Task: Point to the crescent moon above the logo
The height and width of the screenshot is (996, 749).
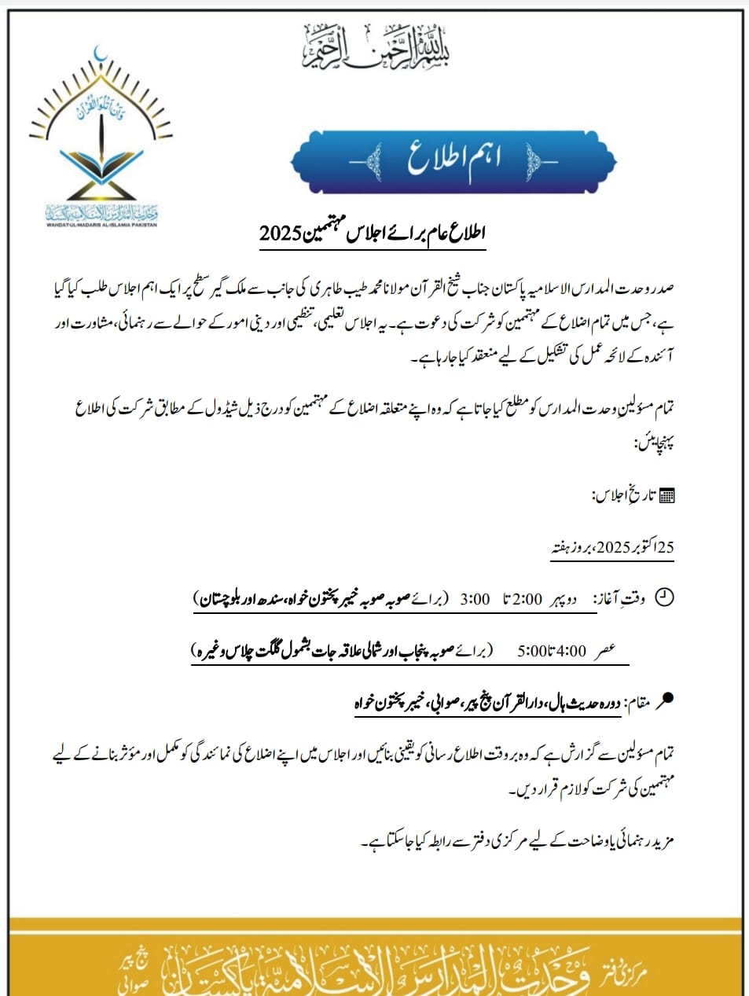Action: coord(100,56)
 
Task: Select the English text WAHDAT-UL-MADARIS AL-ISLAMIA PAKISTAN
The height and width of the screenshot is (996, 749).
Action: coord(101,224)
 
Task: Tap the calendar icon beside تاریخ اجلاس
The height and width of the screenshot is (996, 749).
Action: coord(666,495)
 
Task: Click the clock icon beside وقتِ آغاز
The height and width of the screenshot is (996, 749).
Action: coord(665,597)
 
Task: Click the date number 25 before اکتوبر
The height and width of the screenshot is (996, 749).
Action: coord(665,548)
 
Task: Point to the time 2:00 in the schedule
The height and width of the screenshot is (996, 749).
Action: coord(527,600)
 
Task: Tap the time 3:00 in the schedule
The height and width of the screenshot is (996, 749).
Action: coord(475,600)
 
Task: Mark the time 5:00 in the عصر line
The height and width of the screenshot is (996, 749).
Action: coord(531,651)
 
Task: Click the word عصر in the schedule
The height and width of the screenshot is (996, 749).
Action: coord(604,651)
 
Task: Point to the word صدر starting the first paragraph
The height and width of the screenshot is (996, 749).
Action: coord(663,288)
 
